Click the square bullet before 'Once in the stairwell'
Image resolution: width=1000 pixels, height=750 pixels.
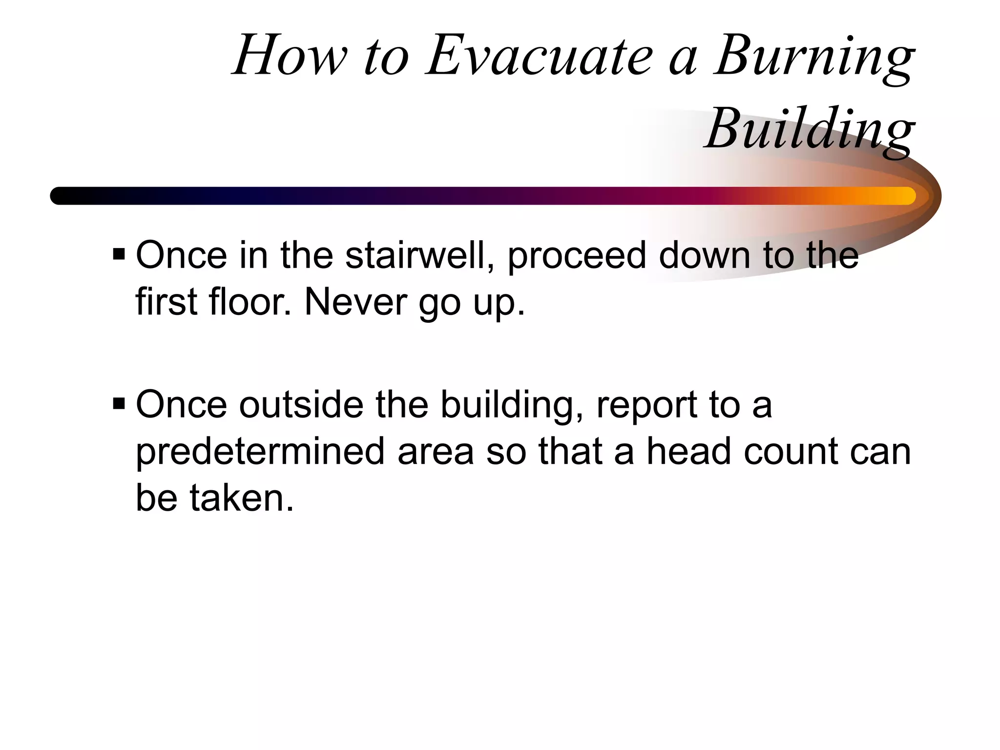pos(119,254)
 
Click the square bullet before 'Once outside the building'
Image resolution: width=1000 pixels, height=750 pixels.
pos(119,404)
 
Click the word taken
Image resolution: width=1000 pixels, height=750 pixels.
pos(242,498)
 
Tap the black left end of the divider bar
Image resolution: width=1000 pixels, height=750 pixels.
pos(61,196)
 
